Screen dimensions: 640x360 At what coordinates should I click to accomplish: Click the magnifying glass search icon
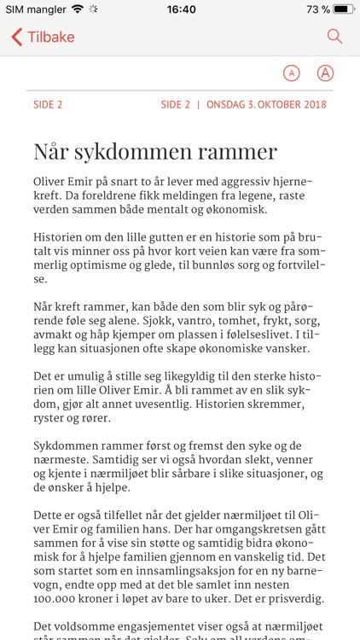(334, 37)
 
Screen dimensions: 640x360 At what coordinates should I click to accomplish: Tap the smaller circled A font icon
(292, 73)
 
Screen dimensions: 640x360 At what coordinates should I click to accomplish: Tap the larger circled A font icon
(325, 73)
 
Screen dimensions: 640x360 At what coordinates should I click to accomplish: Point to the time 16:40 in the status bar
(180, 9)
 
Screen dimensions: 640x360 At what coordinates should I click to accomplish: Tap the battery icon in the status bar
(343, 9)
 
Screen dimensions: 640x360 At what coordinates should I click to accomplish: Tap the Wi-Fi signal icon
(78, 9)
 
